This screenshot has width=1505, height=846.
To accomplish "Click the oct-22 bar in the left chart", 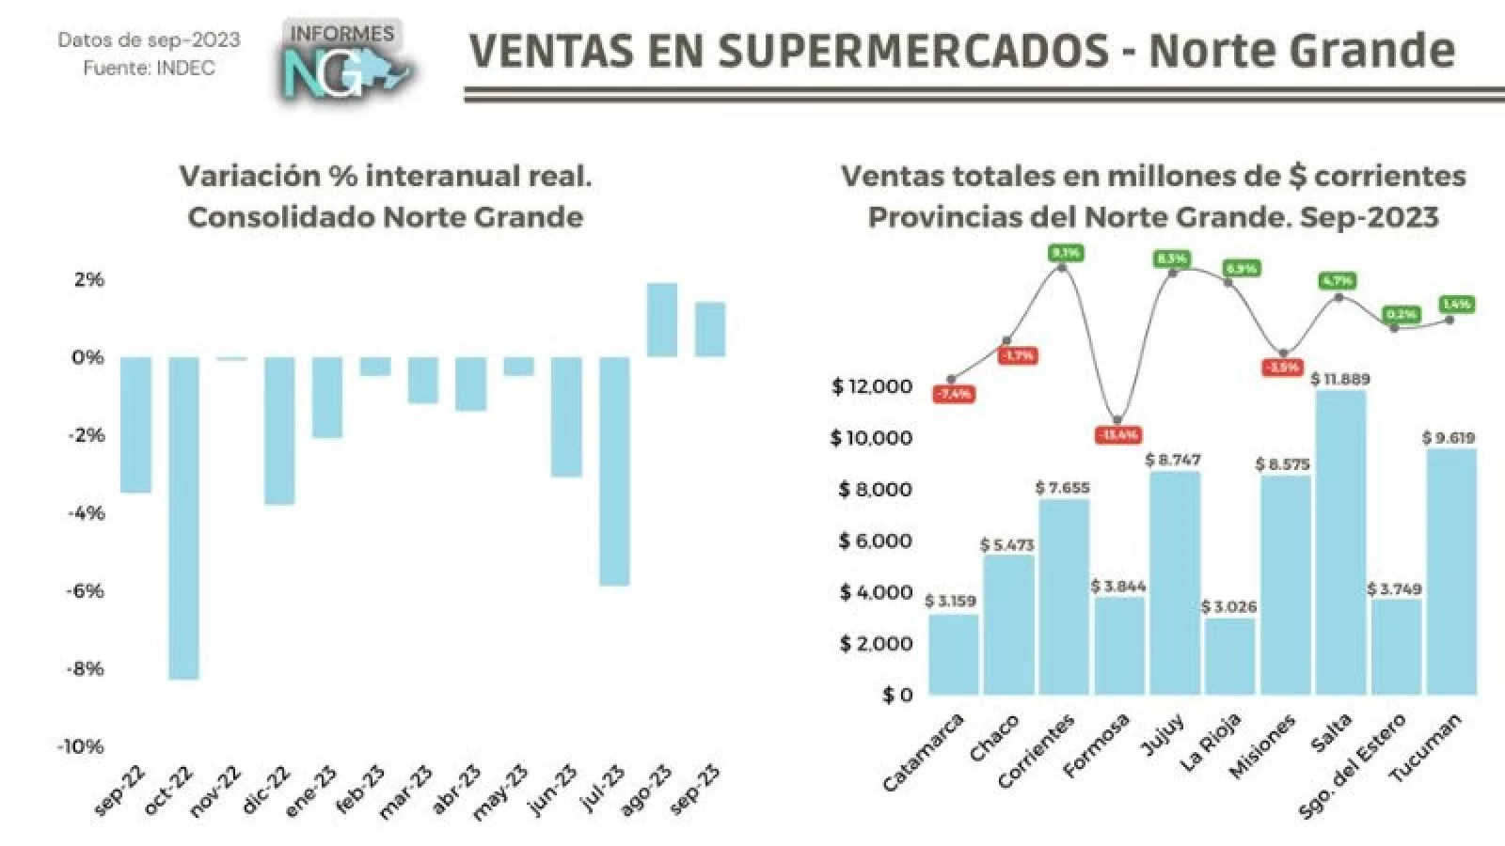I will coord(183,517).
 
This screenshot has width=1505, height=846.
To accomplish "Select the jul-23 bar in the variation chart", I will coord(614,470).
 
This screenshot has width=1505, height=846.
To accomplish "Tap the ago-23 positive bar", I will coord(662,320).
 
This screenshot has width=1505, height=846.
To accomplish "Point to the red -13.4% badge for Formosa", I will coord(1118,435).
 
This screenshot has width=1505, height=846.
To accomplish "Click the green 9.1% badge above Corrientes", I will coord(1066,253).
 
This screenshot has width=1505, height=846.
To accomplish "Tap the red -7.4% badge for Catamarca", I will coord(953,394).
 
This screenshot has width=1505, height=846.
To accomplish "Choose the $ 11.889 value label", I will coord(1340,379).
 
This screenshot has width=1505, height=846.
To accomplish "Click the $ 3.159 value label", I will coord(950,601).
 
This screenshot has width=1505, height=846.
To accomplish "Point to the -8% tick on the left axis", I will coord(84,668).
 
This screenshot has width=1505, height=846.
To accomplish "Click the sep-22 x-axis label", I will coord(121,790).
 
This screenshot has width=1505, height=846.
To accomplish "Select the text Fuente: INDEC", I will coord(149,69).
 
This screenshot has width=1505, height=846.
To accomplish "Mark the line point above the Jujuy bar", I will coord(1173,273).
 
